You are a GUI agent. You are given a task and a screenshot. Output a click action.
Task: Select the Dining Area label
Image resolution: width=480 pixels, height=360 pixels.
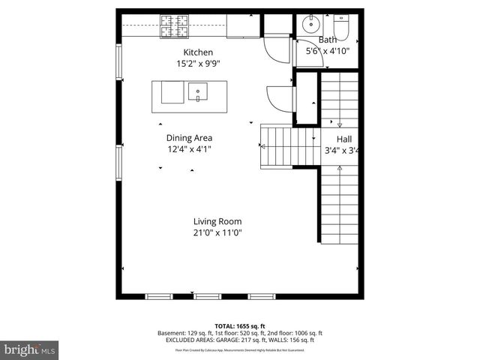pyautogui.click(x=189, y=138)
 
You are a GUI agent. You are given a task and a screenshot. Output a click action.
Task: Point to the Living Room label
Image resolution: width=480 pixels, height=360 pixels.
pyautogui.click(x=217, y=221)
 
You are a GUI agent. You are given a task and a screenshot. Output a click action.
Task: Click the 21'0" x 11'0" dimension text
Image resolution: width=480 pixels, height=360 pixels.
pyautogui.click(x=217, y=233)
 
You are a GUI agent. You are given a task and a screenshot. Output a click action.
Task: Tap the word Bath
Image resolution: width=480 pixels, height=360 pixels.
pyautogui.click(x=328, y=40)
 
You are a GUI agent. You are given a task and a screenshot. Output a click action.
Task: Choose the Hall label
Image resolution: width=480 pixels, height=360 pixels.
pyautogui.click(x=343, y=139)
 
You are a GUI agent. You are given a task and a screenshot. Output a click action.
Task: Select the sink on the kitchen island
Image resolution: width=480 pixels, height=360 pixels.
pyautogui.click(x=198, y=92)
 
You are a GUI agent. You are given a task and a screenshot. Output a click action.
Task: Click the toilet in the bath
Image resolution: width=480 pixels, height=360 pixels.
pyautogui.click(x=342, y=26)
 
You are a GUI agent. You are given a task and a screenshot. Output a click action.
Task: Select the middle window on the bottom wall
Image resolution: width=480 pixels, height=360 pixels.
pyautogui.click(x=207, y=296)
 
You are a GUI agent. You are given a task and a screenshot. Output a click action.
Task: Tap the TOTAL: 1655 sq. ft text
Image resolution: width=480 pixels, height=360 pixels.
pyautogui.click(x=239, y=326)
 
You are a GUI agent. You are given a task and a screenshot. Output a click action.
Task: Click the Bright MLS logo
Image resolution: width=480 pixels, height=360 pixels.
pyautogui.click(x=29, y=349)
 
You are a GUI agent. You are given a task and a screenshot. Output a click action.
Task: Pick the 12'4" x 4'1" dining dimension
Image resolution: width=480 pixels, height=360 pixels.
pyautogui.click(x=189, y=150)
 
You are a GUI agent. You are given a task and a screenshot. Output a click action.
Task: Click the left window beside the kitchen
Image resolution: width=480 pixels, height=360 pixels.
pyautogui.click(x=118, y=64)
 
